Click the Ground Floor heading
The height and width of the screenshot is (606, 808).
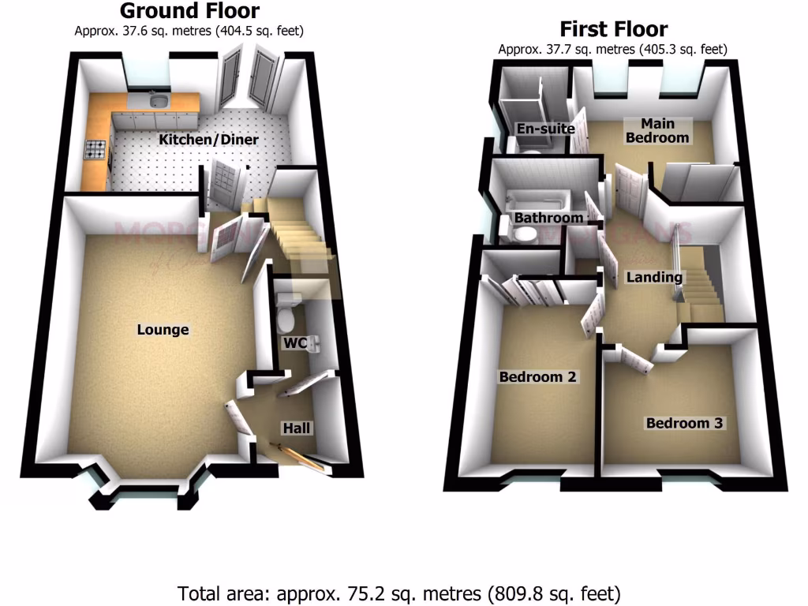point(189,11)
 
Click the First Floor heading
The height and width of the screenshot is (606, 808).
point(613,30)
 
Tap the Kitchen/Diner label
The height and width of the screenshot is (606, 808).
point(208,140)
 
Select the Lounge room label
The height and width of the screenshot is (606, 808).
point(163,329)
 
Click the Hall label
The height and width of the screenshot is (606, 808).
point(297,428)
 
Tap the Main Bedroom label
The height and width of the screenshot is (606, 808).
point(656,130)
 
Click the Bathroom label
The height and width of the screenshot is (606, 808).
point(548,218)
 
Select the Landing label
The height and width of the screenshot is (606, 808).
point(654,277)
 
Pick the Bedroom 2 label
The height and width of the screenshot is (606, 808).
point(538,377)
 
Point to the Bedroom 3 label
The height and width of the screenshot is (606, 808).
point(684,424)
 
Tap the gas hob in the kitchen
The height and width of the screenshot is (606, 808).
point(95,148)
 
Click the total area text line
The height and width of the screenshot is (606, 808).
point(399,592)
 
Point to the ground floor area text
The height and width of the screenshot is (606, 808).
point(189,31)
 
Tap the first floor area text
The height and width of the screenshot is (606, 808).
point(613,49)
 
